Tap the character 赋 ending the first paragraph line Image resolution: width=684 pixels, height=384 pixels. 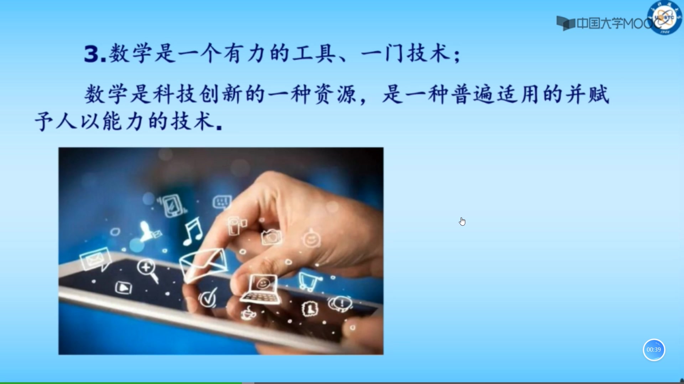click(598, 95)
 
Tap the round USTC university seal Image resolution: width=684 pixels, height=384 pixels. click(665, 17)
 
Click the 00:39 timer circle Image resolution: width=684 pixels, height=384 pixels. click(654, 350)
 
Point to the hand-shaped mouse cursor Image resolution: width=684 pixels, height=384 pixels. click(462, 222)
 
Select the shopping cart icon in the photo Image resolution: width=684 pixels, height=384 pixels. click(309, 281)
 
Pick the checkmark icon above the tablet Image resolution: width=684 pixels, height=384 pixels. click(208, 297)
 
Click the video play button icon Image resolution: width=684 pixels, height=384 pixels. click(124, 287)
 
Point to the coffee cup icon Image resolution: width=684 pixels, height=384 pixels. click(248, 313)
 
